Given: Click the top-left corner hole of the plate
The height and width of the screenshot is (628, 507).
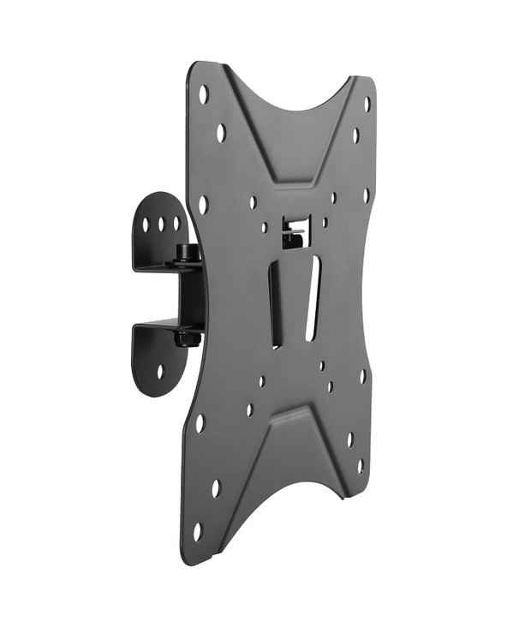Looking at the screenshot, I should click(204, 94).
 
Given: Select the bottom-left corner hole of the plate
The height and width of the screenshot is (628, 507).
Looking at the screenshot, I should click(197, 531).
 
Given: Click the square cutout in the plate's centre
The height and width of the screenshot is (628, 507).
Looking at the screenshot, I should click(293, 229).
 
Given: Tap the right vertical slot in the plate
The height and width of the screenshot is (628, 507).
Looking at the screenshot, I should click(312, 300).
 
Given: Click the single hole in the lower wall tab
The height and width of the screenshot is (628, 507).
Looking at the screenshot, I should click(160, 371).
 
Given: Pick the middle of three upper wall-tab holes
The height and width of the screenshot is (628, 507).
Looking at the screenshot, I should click(160, 224).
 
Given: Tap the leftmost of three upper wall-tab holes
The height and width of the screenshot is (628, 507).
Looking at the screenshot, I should click(146, 225).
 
